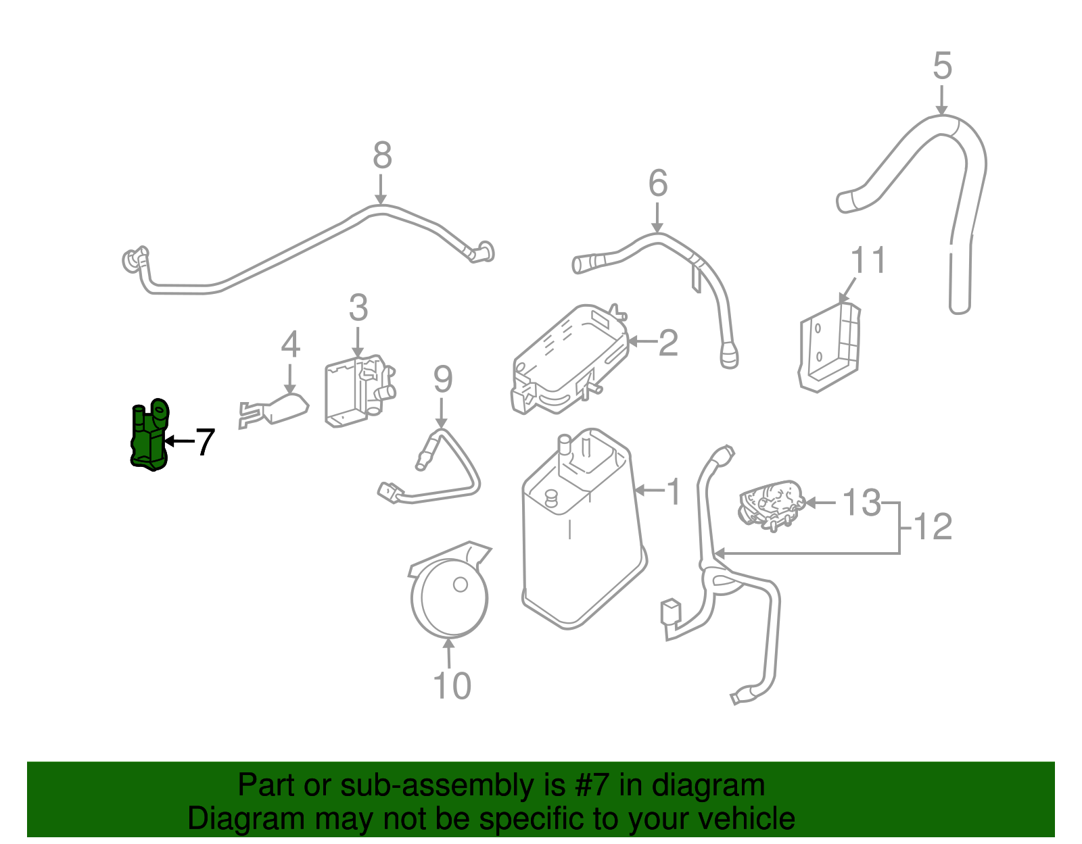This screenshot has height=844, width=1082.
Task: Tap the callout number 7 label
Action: [204, 443]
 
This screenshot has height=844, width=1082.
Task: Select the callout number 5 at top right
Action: [942, 66]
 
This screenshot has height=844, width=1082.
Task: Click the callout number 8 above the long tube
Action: [382, 156]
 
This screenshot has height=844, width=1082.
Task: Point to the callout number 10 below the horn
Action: [452, 686]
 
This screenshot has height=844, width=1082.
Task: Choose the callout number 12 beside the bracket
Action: [933, 526]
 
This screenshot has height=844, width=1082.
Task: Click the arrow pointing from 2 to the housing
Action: [642, 342]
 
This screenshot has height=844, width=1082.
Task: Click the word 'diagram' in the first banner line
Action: [708, 785]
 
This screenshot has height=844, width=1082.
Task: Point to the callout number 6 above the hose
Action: [657, 184]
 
